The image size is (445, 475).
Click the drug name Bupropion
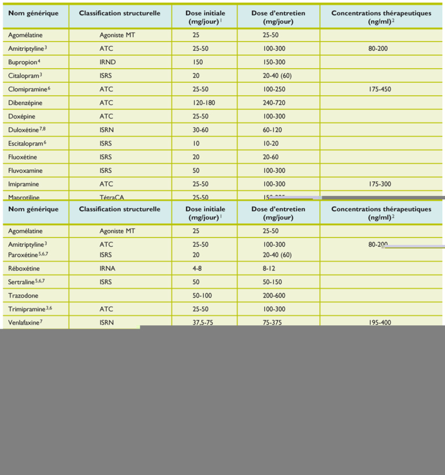[23, 62]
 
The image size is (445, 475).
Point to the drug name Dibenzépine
[25, 103]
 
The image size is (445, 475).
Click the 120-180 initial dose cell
[205, 103]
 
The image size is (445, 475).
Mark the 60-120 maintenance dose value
[272, 130]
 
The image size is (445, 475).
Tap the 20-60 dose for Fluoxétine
[270, 157]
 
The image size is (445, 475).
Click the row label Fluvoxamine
[25, 171]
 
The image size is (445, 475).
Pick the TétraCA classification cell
[112, 197]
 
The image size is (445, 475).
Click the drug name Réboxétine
[25, 269]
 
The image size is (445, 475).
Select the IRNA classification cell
[107, 269]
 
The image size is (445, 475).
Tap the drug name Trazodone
[24, 296]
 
